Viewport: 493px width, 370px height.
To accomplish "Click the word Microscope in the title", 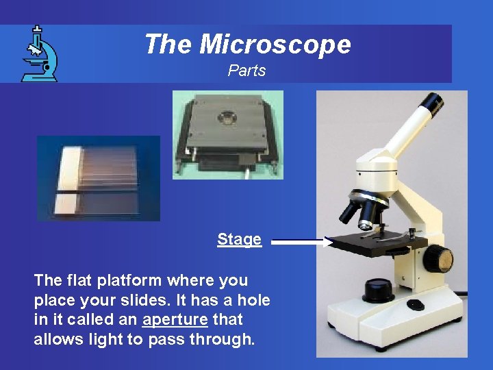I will [275, 45].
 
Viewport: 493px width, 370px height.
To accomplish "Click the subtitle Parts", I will [246, 71].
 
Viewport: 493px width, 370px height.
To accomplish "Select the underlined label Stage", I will [239, 239].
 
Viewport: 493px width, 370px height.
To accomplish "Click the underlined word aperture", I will [175, 319].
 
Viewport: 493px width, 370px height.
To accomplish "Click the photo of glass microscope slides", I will [98, 178].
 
